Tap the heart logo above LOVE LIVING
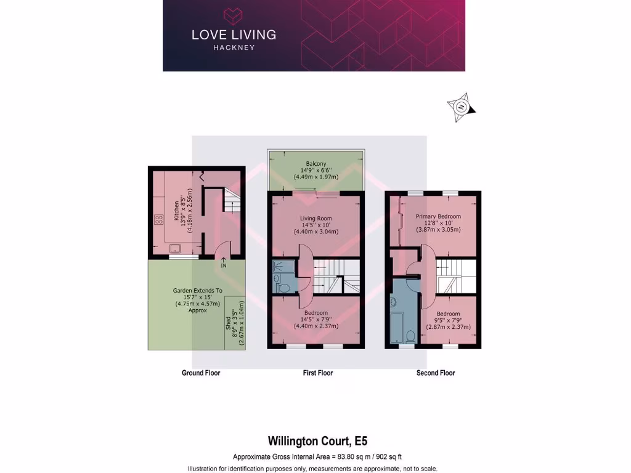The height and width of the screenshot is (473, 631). coord(234,15)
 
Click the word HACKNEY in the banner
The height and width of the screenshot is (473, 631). coord(234,47)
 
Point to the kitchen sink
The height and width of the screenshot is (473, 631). coord(176,248)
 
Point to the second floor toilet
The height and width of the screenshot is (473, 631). coord(410,336)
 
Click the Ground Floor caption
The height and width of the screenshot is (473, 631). coord(201,373)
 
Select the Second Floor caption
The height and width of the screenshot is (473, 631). coord(436,373)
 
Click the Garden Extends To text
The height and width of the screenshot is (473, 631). coord(197,290)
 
